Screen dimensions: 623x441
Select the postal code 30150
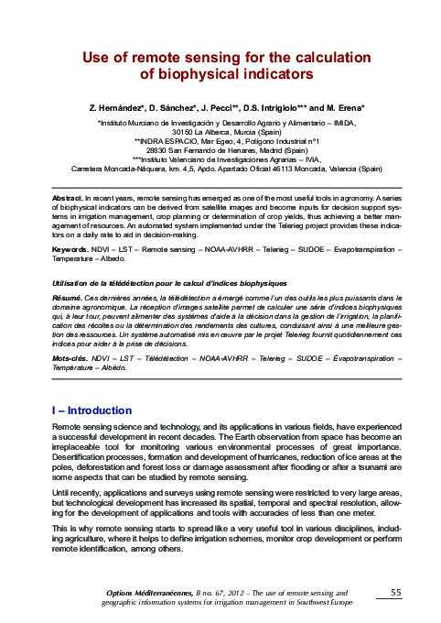(x=183, y=130)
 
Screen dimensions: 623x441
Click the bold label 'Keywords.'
(x=71, y=249)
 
